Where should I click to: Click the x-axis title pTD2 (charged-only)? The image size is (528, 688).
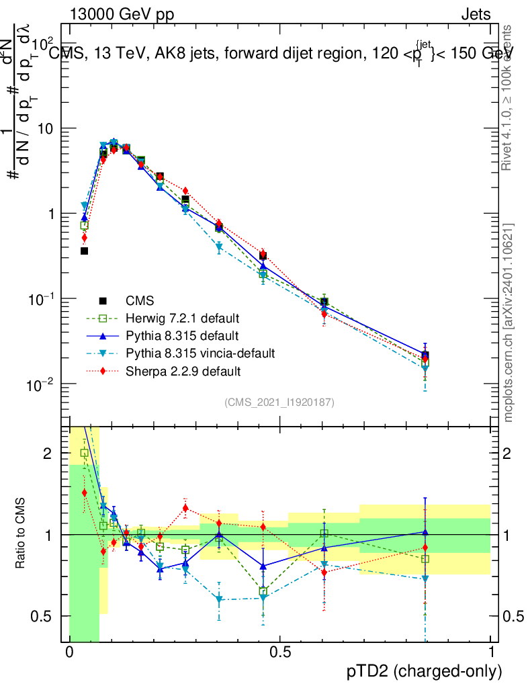pos(425,671)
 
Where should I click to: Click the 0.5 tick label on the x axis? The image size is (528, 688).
pos(279,652)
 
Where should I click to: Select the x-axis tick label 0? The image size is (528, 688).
pos(69,652)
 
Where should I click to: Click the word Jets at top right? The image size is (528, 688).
pos(475,13)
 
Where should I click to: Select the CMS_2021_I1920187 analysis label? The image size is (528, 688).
pos(279,402)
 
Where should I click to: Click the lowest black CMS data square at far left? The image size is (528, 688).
pos(84,251)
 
